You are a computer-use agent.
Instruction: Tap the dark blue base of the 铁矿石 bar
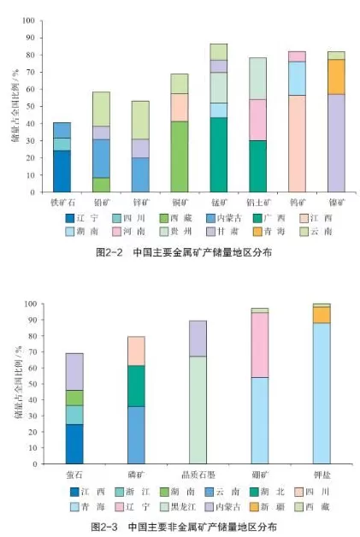pyautogui.click(x=62, y=171)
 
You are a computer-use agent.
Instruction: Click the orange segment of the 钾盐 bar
pyautogui.click(x=321, y=315)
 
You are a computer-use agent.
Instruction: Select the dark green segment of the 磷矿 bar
pyautogui.click(x=136, y=386)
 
